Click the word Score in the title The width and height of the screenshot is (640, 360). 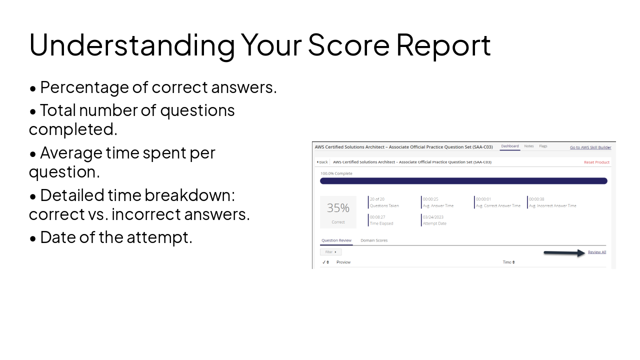point(348,44)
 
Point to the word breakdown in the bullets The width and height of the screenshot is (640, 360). point(189,195)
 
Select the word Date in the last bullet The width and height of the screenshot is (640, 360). point(57,237)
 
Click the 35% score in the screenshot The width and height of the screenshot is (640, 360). point(338,208)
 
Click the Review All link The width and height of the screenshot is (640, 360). point(596,252)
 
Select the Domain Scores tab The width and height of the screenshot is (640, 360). point(374,240)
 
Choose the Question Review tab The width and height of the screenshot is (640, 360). point(336,240)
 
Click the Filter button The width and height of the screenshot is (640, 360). point(330,252)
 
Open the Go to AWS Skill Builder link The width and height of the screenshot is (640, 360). point(590,147)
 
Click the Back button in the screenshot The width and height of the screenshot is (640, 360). point(322,162)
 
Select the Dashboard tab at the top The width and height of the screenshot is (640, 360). point(510,146)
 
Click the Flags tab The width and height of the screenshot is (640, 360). point(543,146)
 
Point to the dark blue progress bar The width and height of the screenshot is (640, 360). point(463,181)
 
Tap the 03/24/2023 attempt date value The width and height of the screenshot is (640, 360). point(433,217)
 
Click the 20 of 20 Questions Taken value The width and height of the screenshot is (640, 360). point(377,199)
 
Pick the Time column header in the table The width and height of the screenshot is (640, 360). point(508,262)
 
